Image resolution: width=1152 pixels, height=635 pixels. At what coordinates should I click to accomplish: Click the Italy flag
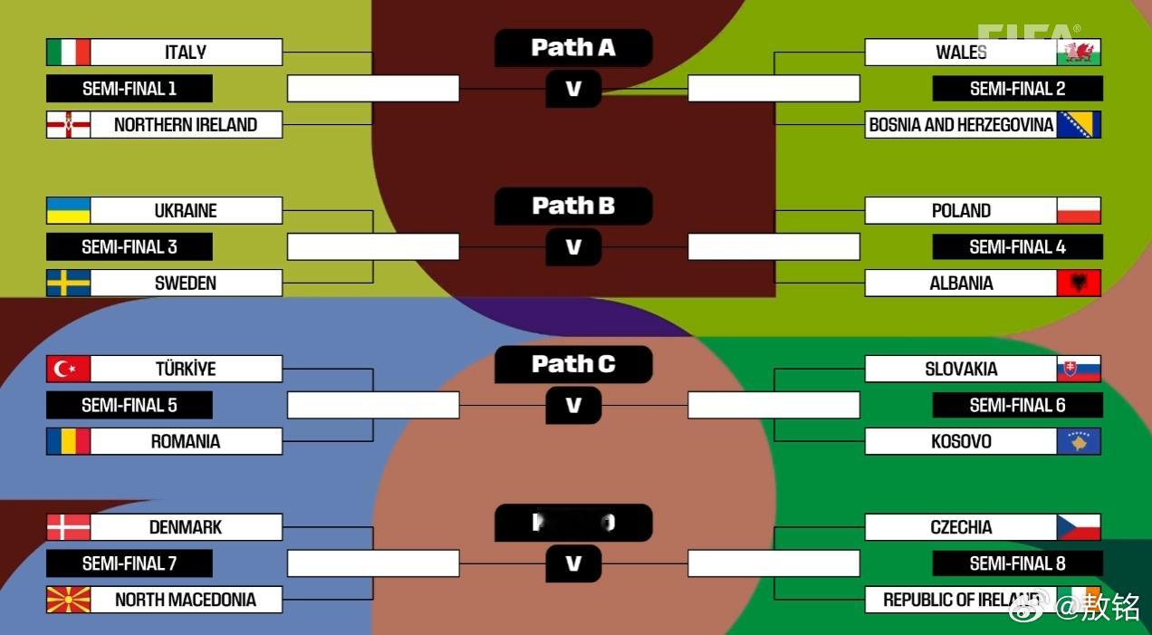(x=69, y=52)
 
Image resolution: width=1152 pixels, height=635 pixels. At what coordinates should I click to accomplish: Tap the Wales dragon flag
(x=1079, y=52)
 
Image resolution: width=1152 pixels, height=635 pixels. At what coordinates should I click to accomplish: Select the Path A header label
(x=573, y=48)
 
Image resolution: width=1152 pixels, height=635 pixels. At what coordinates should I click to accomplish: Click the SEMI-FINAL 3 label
(x=130, y=246)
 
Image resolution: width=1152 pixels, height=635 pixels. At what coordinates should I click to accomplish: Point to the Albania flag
(x=1079, y=283)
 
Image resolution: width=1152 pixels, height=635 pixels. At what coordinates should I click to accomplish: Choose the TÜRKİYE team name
(x=186, y=369)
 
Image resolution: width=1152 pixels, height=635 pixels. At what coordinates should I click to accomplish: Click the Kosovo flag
(x=1079, y=441)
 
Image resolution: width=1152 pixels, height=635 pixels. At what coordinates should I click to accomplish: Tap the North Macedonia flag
(x=69, y=600)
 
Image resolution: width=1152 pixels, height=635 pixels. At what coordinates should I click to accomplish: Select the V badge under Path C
(x=573, y=405)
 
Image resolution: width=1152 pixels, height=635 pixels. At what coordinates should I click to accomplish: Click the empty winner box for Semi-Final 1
(x=373, y=89)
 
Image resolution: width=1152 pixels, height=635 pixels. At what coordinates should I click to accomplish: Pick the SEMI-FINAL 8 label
(x=1017, y=563)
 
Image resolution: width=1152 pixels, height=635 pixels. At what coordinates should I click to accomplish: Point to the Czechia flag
(x=1079, y=527)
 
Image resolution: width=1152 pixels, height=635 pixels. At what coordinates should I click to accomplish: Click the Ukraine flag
(x=69, y=210)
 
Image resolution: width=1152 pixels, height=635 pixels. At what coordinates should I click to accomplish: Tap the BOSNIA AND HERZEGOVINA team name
(x=961, y=125)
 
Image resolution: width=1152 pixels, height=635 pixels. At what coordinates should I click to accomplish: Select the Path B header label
(x=573, y=207)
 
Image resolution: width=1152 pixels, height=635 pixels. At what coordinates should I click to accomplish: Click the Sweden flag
(x=69, y=283)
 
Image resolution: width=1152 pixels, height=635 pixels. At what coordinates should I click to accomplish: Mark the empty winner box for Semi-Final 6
(x=773, y=405)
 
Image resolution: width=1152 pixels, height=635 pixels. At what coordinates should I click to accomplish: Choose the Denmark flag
(x=69, y=527)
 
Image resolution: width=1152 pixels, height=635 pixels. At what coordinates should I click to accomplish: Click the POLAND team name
(x=961, y=210)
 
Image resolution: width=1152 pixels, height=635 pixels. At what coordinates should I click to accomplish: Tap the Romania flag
(x=69, y=441)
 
